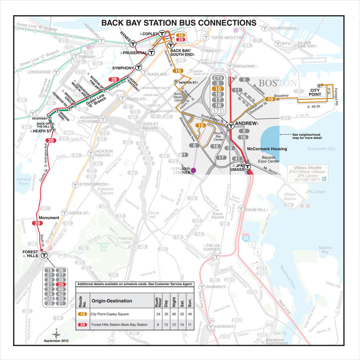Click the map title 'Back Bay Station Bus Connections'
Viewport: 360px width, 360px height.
(178, 23)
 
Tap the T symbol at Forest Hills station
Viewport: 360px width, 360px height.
(44, 254)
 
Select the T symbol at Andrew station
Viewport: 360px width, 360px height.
(230, 126)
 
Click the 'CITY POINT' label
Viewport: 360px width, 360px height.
(314, 90)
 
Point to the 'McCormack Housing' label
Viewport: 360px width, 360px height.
(267, 149)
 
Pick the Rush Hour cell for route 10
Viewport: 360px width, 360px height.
(158, 314)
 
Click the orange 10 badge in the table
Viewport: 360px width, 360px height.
(82, 314)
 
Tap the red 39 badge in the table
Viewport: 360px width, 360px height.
(82, 325)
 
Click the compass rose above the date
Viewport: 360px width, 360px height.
(57, 332)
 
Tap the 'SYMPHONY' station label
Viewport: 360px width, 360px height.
(122, 67)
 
